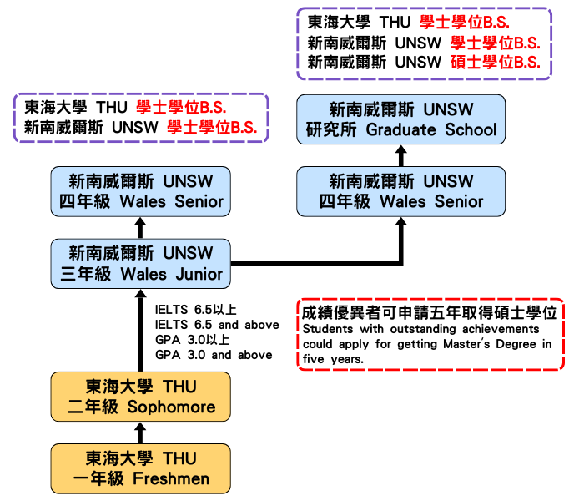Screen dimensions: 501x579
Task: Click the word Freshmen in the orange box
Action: (x=171, y=479)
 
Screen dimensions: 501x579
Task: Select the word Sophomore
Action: (x=171, y=407)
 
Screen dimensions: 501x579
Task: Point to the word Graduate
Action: (x=400, y=129)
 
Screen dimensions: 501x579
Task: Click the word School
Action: (x=471, y=129)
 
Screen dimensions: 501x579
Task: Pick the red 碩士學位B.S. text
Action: (x=495, y=63)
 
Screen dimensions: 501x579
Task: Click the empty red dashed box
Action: (x=430, y=334)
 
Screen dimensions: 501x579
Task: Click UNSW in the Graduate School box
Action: (x=448, y=109)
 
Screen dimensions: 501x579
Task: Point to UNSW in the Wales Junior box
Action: (x=188, y=253)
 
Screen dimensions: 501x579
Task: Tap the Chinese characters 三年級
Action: (x=86, y=274)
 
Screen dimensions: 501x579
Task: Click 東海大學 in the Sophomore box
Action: (x=119, y=387)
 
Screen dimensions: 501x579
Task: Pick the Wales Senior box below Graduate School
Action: (x=400, y=191)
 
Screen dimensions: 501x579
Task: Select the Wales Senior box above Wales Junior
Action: (x=140, y=191)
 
